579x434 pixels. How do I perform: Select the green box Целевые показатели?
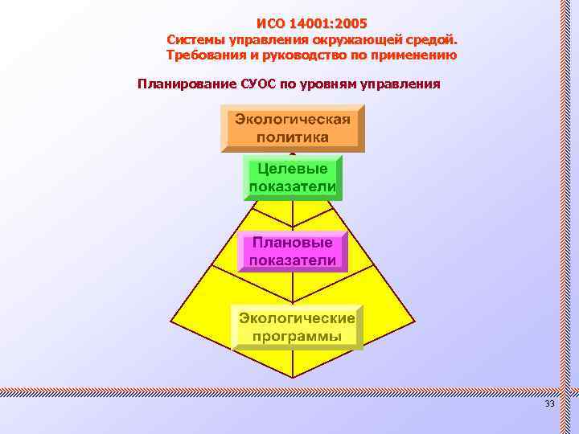pyautogui.click(x=293, y=178)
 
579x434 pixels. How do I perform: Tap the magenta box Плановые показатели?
pyautogui.click(x=293, y=251)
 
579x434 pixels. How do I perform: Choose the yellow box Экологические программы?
pyautogui.click(x=298, y=327)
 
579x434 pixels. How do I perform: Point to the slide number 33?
pyautogui.click(x=550, y=403)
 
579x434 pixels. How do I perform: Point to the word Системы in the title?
pyautogui.click(x=197, y=39)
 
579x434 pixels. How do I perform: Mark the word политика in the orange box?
pyautogui.click(x=293, y=137)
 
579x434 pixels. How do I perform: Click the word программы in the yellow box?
pyautogui.click(x=298, y=336)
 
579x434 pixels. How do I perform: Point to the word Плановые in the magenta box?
pyautogui.click(x=293, y=242)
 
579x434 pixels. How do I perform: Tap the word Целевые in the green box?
pyautogui.click(x=293, y=170)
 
